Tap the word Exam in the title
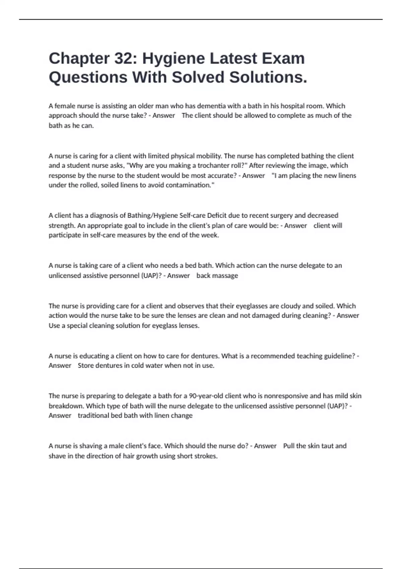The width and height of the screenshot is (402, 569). click(x=283, y=59)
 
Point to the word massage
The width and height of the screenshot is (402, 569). click(x=224, y=275)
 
